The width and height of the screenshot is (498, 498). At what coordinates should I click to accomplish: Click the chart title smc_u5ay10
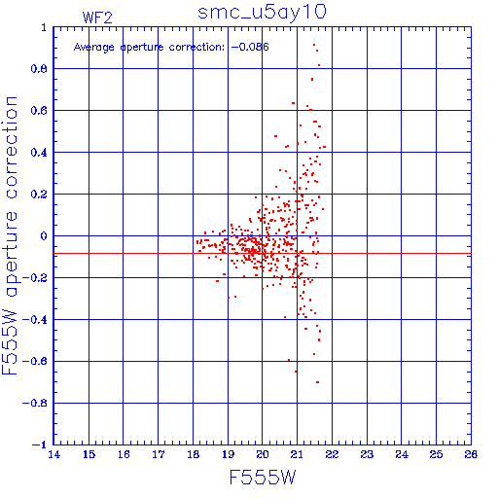(262, 13)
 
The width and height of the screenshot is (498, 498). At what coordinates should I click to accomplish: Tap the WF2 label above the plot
(97, 18)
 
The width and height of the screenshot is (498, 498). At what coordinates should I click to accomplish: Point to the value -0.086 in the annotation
(250, 47)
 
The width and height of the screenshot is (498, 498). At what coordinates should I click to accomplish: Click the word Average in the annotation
(94, 48)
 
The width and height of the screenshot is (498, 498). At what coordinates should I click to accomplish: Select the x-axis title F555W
(263, 477)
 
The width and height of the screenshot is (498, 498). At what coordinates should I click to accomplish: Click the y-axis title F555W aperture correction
(10, 235)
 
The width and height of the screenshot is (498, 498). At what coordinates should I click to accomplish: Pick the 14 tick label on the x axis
(54, 454)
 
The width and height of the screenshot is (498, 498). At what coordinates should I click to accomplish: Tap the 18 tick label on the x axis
(194, 454)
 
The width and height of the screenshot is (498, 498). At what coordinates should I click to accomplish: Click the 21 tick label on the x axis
(297, 454)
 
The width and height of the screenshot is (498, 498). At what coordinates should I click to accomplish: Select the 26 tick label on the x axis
(471, 454)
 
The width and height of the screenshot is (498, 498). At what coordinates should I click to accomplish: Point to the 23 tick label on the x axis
(367, 454)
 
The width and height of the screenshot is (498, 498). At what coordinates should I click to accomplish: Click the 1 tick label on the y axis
(44, 28)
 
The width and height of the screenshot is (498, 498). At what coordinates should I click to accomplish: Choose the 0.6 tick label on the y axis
(39, 111)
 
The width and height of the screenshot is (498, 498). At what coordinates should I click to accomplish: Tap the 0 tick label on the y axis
(44, 236)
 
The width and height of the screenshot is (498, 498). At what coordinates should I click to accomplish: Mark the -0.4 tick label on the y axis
(34, 320)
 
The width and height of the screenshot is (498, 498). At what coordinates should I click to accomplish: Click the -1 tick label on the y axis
(39, 445)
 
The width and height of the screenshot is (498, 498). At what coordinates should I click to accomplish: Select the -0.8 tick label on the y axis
(34, 403)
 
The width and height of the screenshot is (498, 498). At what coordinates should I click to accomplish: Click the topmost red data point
(314, 45)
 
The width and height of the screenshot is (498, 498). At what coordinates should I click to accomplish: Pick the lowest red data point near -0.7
(317, 382)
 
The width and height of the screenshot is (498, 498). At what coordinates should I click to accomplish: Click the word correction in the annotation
(196, 48)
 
